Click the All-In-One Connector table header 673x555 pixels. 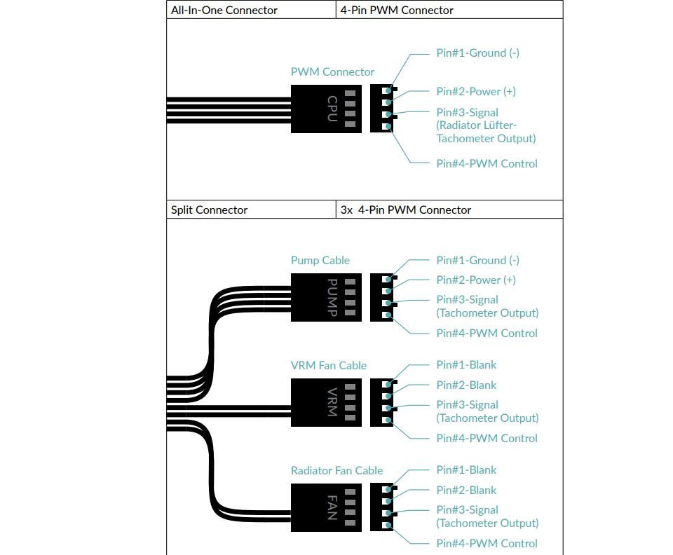[x=224, y=10]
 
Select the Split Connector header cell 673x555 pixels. [x=209, y=210]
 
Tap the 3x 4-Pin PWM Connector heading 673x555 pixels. [x=406, y=210]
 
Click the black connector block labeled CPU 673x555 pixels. [x=326, y=109]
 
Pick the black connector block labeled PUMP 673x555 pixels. [x=326, y=297]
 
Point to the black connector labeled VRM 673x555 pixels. [x=326, y=402]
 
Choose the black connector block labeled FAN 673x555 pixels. [x=326, y=508]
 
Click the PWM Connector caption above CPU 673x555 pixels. [x=332, y=71]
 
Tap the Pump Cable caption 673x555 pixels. [x=320, y=261]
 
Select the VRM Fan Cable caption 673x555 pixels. [x=328, y=365]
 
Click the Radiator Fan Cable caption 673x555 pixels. [x=336, y=470]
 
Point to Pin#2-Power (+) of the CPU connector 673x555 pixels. [x=476, y=91]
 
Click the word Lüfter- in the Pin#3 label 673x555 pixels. [x=497, y=125]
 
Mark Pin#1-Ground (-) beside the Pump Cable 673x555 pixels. [x=477, y=261]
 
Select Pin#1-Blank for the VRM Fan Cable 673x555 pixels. [x=466, y=364]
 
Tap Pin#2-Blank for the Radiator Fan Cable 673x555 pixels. [x=466, y=490]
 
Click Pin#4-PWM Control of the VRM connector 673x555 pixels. [x=487, y=439]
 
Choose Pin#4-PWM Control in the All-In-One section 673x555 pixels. [x=487, y=163]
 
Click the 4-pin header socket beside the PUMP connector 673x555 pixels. [x=383, y=297]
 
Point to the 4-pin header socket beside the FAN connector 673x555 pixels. [x=383, y=508]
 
